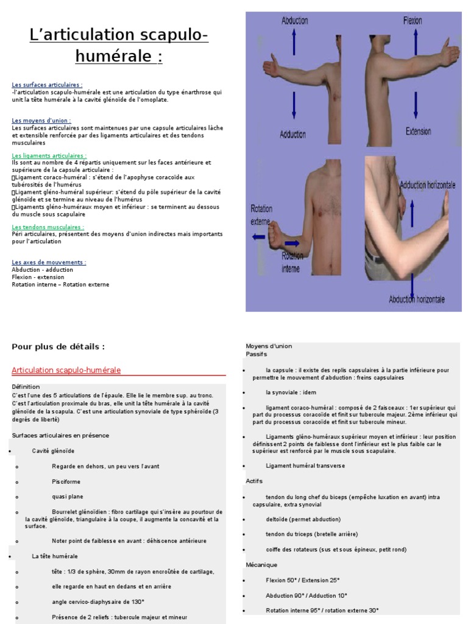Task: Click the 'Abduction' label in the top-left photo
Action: point(294,21)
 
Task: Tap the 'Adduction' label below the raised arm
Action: point(293,134)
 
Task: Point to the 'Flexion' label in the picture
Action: point(413,21)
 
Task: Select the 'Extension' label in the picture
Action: point(418,131)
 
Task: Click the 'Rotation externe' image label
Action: point(261,214)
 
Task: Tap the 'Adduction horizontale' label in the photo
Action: point(427,185)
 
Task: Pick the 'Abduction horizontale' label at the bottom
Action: point(417,299)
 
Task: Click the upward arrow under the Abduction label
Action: point(294,43)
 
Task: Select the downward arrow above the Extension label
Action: point(416,105)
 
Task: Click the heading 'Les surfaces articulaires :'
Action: point(47,85)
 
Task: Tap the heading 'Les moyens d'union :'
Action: point(41,121)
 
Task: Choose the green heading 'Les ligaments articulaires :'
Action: point(49,156)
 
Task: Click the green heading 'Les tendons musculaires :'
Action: point(48,227)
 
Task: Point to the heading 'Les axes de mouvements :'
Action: point(49,263)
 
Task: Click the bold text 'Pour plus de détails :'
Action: point(58,347)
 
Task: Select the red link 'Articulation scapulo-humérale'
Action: point(66,370)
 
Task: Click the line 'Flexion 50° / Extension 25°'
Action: point(302,580)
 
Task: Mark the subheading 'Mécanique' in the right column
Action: point(261,565)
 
